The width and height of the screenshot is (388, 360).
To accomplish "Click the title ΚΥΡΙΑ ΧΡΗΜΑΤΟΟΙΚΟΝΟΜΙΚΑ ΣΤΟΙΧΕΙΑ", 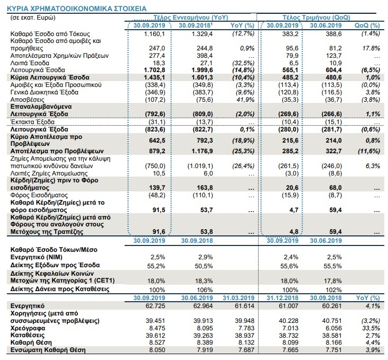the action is click(76, 8).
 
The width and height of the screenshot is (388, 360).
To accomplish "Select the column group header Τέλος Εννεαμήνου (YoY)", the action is click(190, 17).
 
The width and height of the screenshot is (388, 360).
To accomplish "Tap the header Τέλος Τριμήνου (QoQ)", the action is click(316, 17).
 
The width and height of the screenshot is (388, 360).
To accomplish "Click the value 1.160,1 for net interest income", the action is click(154, 34).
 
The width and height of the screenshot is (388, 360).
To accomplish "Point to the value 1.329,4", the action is click(202, 34).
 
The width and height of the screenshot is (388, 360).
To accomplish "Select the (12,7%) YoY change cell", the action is click(243, 33).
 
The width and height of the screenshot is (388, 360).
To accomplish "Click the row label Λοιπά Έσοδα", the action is click(30, 63).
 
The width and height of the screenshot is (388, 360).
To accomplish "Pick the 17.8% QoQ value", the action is click(371, 48).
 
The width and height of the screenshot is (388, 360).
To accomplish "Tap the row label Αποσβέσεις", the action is click(27, 100).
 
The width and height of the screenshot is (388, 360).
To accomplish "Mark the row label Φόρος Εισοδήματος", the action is click(39, 195).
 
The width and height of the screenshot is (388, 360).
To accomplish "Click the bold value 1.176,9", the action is click(202, 151).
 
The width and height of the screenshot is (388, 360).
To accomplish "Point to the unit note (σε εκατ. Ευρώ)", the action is click(33, 17).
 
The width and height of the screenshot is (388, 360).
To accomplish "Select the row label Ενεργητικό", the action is click(28, 306).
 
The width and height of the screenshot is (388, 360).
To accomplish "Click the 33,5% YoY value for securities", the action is click(371, 328).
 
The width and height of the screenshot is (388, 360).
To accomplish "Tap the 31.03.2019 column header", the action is click(239, 298).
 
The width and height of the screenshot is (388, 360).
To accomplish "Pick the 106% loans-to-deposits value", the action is click(205, 289).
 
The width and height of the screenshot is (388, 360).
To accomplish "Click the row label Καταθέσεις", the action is click(28, 336).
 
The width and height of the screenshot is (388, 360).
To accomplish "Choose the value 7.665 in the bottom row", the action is click(288, 350).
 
